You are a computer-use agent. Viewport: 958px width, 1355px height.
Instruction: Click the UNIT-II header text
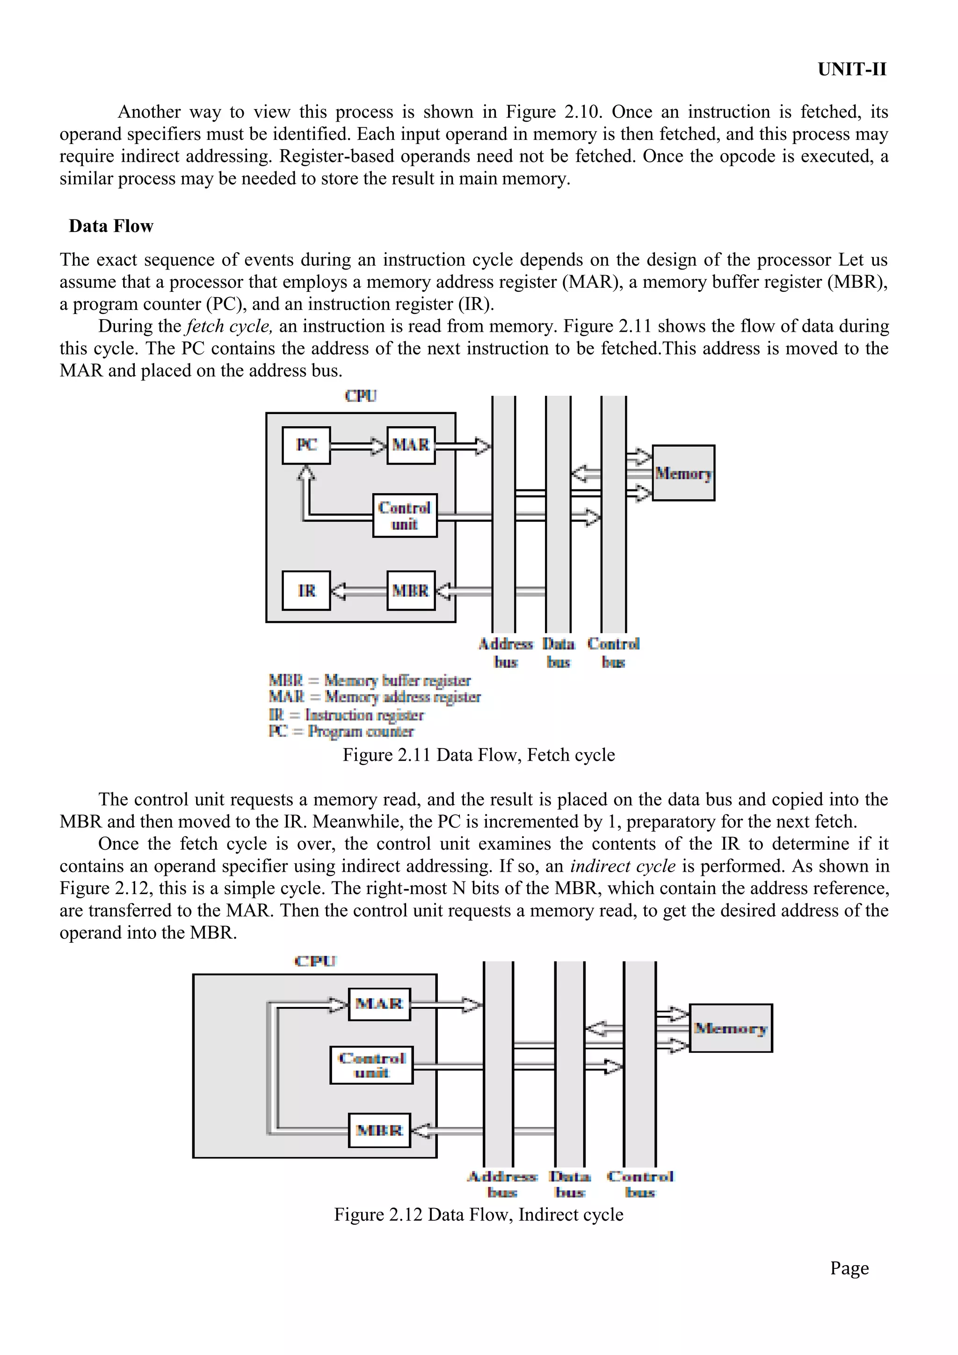click(851, 70)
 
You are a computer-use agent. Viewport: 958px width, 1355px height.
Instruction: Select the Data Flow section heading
click(111, 226)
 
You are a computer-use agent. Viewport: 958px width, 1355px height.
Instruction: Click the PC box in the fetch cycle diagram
click(306, 445)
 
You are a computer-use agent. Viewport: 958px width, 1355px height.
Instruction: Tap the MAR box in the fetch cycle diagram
click(411, 445)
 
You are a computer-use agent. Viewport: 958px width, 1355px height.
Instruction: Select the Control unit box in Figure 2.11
click(405, 515)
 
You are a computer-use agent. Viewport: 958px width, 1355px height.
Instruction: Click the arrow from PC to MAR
click(358, 445)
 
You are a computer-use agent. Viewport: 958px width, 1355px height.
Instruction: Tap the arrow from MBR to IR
click(357, 591)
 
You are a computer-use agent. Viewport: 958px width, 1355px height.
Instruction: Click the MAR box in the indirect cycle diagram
click(379, 1004)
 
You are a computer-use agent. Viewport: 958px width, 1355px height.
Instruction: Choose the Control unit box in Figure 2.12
click(371, 1065)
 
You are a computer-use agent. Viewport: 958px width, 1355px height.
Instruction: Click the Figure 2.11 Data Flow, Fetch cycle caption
click(479, 755)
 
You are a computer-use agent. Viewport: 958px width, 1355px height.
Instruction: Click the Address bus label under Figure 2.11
click(506, 652)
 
